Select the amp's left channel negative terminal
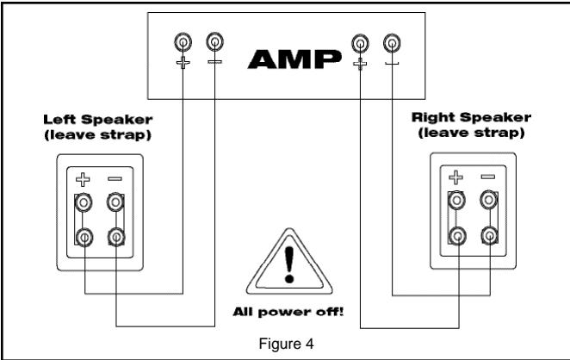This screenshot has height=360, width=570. click(213, 41)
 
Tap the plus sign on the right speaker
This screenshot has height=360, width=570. click(456, 178)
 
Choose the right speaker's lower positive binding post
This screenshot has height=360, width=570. click(456, 235)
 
